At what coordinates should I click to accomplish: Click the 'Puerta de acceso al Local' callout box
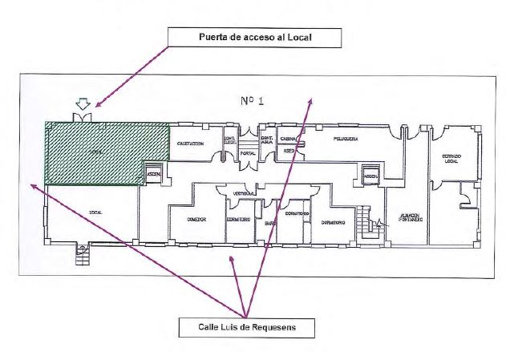click(x=253, y=37)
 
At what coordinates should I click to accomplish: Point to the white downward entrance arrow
click(x=83, y=105)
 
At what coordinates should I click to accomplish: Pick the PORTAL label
click(x=248, y=152)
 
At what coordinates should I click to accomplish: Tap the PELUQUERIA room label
click(x=341, y=139)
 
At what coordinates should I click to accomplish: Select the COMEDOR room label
click(x=196, y=218)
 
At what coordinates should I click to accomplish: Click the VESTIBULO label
click(x=245, y=193)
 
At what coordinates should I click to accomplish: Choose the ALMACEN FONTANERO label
click(x=411, y=219)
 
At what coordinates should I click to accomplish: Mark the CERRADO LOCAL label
click(x=451, y=159)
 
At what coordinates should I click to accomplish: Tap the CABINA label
click(x=289, y=139)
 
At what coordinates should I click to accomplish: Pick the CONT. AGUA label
click(x=267, y=139)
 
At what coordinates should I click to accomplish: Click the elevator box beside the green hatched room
click(x=154, y=174)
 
